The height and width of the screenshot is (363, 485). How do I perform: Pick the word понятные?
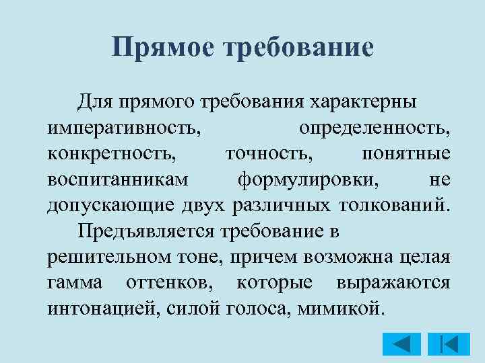406,153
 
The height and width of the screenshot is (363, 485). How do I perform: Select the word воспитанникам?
119,179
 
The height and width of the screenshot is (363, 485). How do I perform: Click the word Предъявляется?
144,231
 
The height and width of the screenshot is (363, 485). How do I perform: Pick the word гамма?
75,282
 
